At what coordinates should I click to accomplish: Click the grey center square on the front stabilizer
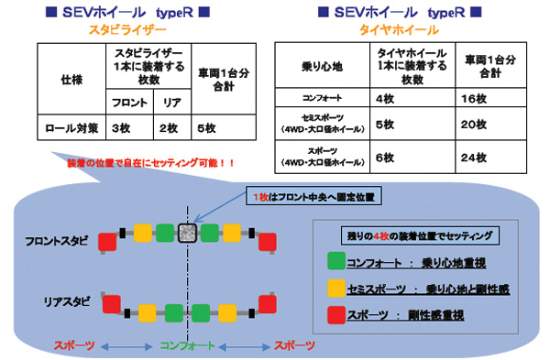point(188,232)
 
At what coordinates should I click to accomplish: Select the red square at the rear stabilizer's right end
point(268,303)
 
